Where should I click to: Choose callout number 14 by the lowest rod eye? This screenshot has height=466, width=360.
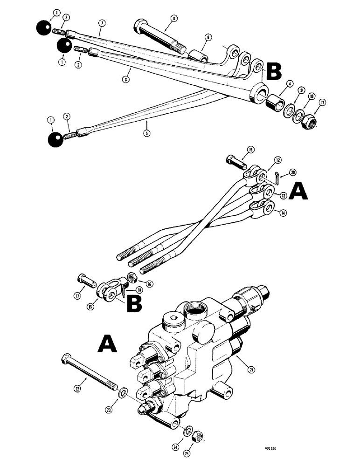click(x=284, y=214)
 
